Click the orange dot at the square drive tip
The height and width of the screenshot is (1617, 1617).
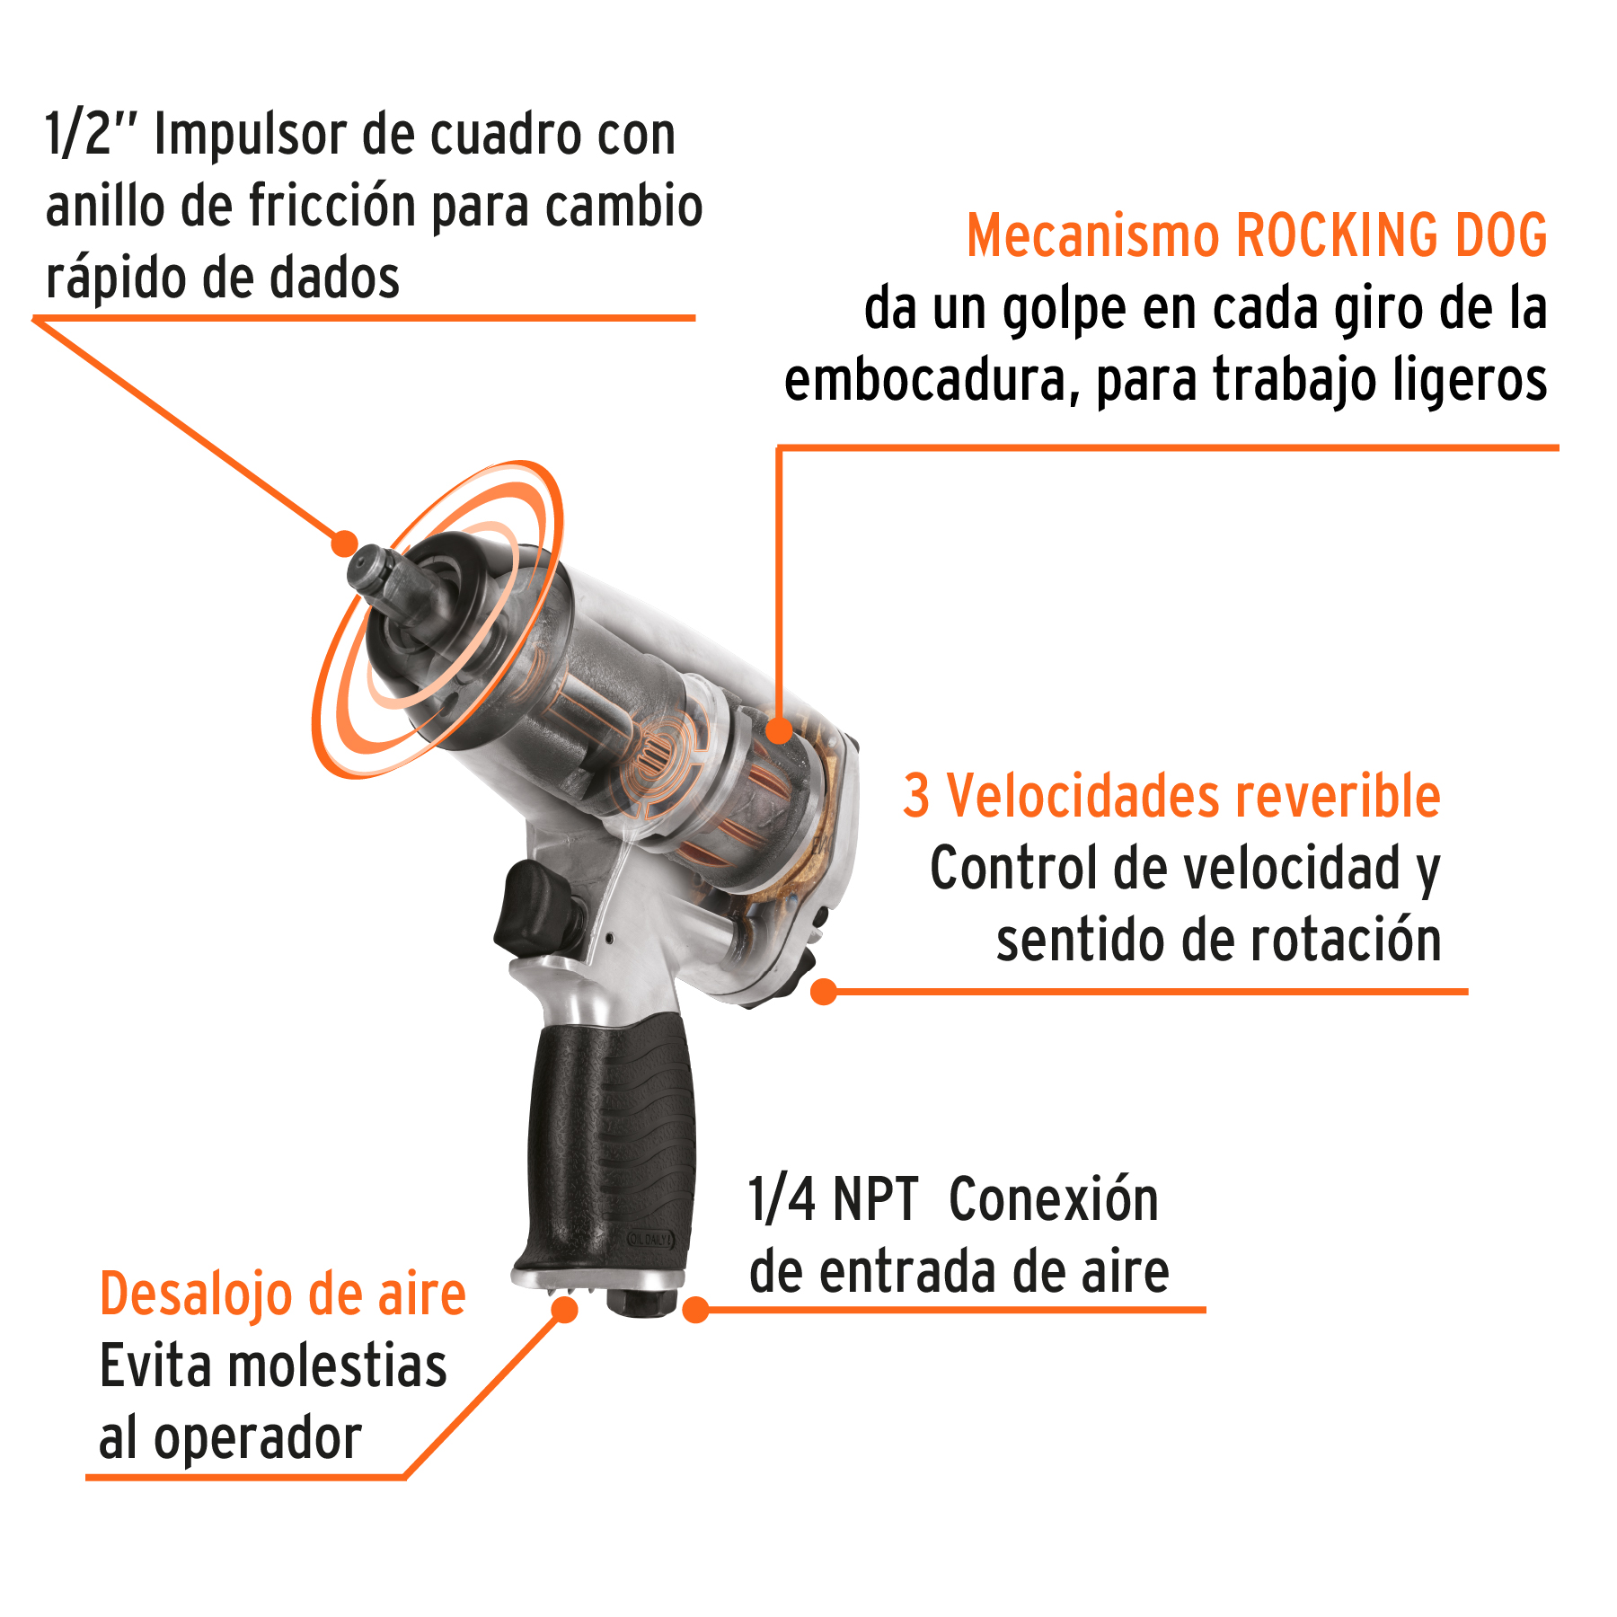(344, 543)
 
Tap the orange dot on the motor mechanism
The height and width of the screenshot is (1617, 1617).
(779, 730)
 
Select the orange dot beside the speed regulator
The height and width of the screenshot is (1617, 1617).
(823, 992)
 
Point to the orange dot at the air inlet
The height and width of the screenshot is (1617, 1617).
(695, 1310)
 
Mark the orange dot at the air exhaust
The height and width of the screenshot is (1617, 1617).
(564, 1310)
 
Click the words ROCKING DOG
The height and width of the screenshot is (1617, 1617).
(1392, 236)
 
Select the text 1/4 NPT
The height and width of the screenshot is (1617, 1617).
(832, 1200)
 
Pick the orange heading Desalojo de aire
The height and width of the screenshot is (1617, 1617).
(282, 1294)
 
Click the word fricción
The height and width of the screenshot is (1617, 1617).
(332, 208)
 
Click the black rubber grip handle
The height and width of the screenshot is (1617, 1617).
(611, 1141)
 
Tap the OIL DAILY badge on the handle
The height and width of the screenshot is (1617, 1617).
(648, 1240)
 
